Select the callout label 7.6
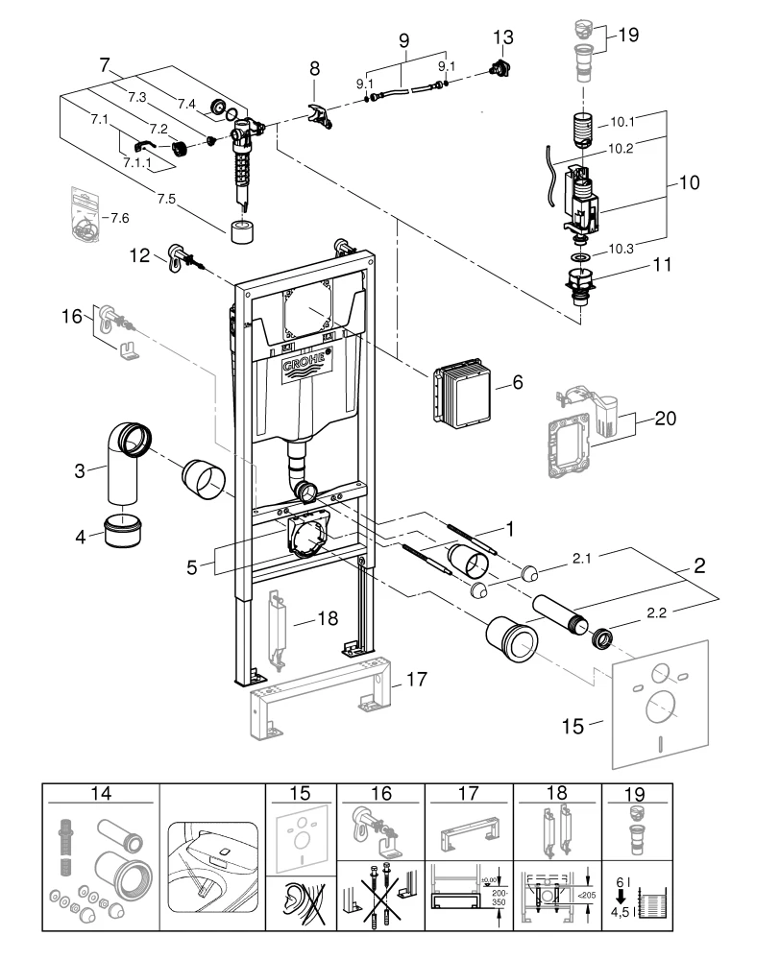coord(120,218)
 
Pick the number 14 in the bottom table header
coord(101,795)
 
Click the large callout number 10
coord(690,180)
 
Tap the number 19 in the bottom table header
coord(635,795)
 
